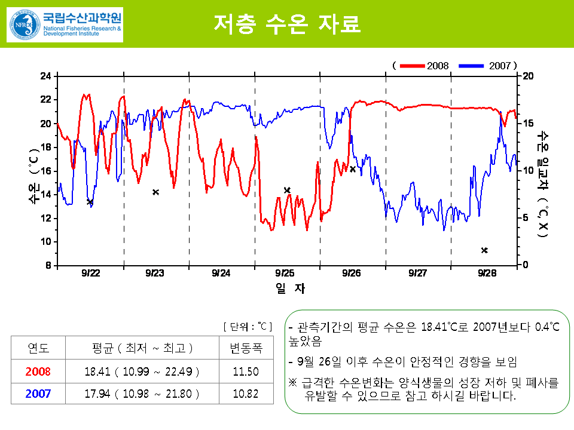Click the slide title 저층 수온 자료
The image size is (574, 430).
pyautogui.click(x=287, y=24)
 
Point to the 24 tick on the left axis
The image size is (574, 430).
pyautogui.click(x=45, y=76)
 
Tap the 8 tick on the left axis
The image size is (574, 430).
pyautogui.click(x=48, y=265)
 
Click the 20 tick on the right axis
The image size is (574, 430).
pyautogui.click(x=527, y=76)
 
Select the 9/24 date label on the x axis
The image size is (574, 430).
pyautogui.click(x=221, y=273)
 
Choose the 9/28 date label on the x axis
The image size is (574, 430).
pyautogui.click(x=487, y=273)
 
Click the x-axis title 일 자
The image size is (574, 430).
pyautogui.click(x=291, y=288)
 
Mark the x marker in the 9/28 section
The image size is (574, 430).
pyautogui.click(x=484, y=250)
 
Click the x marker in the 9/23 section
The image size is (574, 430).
pyautogui.click(x=155, y=192)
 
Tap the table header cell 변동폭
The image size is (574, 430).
pyautogui.click(x=246, y=348)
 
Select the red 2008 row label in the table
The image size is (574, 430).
pyautogui.click(x=38, y=371)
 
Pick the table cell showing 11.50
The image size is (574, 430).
pyautogui.click(x=246, y=371)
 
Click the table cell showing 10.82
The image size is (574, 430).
pyautogui.click(x=246, y=394)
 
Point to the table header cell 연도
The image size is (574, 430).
pyautogui.click(x=38, y=348)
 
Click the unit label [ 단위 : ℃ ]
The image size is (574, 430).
pyautogui.click(x=248, y=327)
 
